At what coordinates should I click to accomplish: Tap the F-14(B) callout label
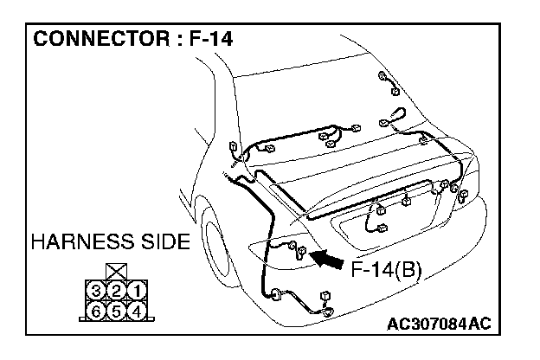(x=385, y=269)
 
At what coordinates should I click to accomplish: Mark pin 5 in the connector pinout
(x=117, y=307)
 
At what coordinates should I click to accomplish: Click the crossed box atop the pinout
(x=117, y=271)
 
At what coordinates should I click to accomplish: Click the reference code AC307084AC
(x=440, y=324)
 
